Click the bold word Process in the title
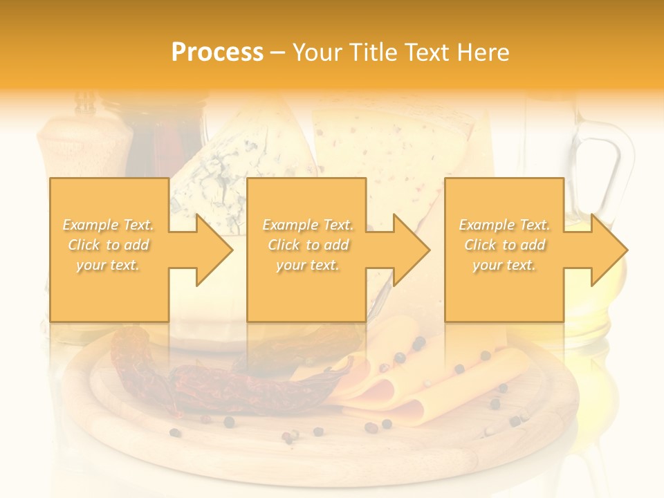217,53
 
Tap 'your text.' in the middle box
308,265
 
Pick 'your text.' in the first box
108,265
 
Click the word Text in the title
432,53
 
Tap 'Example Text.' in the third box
504,225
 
